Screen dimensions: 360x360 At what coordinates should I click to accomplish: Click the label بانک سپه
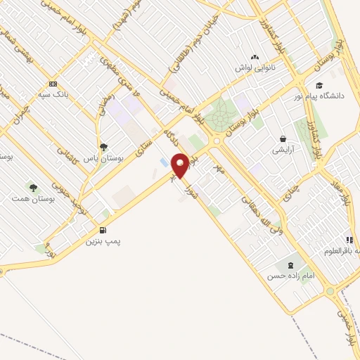pos(53,94)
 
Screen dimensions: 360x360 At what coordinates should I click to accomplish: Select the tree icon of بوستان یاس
pos(104,147)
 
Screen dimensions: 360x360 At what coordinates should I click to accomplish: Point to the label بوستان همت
pos(32,199)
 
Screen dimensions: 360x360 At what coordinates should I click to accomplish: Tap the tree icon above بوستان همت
pos(32,187)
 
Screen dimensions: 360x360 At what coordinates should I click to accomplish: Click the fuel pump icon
pos(104,230)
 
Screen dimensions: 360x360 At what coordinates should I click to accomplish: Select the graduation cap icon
pos(319,85)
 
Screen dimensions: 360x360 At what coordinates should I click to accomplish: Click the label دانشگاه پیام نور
pos(326,96)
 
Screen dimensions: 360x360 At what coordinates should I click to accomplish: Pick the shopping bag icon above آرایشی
pos(283,139)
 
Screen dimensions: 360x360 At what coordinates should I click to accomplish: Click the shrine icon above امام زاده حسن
pos(290,264)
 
